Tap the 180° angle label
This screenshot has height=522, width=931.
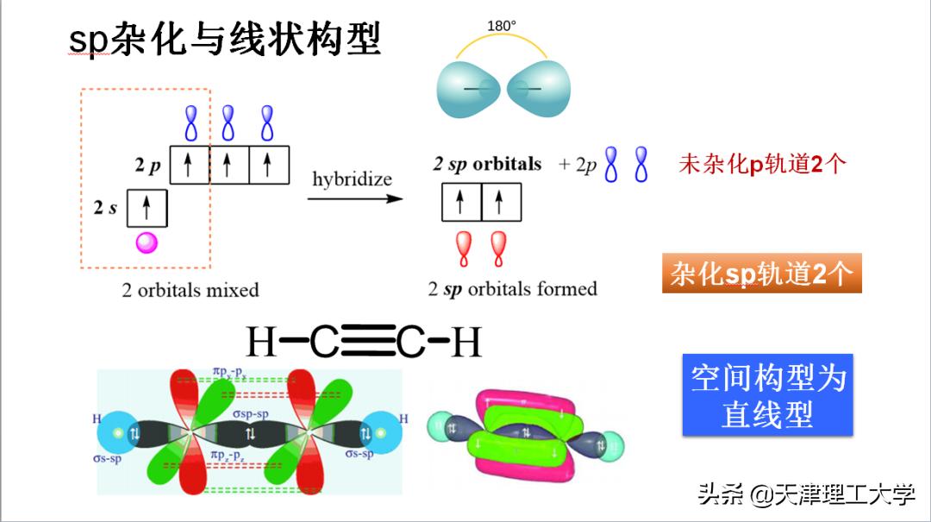tap(501, 26)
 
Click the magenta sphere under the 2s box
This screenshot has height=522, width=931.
tap(147, 242)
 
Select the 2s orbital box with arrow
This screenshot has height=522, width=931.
tap(147, 207)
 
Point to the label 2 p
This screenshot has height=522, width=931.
tap(147, 166)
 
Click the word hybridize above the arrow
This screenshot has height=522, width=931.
tap(352, 179)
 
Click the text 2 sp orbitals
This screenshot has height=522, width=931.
tap(487, 164)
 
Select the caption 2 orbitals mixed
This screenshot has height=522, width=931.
tap(190, 290)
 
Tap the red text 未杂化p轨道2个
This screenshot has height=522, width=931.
tap(762, 164)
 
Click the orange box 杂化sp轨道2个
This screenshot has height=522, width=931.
tap(762, 274)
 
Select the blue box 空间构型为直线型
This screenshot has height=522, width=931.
tap(767, 394)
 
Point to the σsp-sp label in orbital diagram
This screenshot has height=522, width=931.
tap(250, 415)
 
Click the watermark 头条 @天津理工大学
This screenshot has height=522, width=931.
tap(806, 494)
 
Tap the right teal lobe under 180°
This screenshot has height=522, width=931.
tap(538, 90)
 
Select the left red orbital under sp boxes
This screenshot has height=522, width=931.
tap(464, 248)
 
